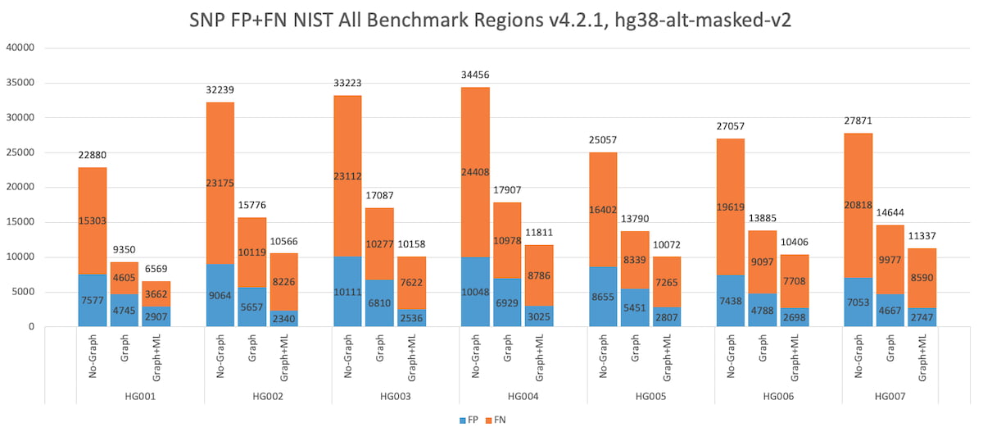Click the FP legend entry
[469, 419]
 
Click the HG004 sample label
[523, 395]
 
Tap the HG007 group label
[890, 395]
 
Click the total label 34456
[475, 75]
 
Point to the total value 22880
[92, 155]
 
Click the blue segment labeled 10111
[347, 292]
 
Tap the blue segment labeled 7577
[92, 300]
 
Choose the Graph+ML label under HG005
[668, 357]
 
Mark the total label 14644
[890, 213]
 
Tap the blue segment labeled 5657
[251, 307]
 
